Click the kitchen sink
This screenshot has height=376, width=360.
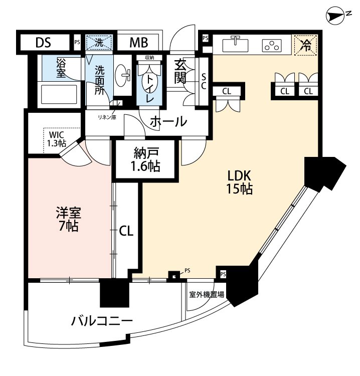pyautogui.click(x=235, y=45)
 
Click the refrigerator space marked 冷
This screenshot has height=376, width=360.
pyautogui.click(x=305, y=45)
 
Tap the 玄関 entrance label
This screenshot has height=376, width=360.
pyautogui.click(x=181, y=71)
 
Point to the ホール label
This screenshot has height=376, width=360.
pyautogui.click(x=168, y=121)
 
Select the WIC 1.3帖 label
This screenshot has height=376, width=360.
pyautogui.click(x=57, y=138)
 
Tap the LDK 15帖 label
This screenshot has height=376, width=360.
pyautogui.click(x=239, y=182)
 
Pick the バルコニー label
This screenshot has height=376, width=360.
pyautogui.click(x=101, y=320)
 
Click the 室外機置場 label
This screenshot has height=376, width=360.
pyautogui.click(x=207, y=295)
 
